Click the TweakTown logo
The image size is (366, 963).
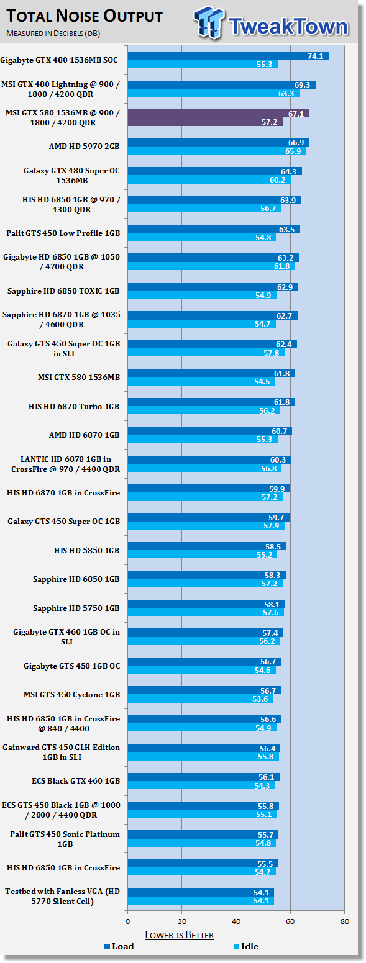270,23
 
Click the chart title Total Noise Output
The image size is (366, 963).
85,16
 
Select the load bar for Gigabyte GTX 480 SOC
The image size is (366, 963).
228,56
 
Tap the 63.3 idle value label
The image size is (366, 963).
286,93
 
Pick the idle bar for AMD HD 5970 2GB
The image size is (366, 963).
217,151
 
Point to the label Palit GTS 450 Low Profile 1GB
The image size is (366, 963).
63,233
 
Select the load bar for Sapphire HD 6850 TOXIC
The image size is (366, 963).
213,287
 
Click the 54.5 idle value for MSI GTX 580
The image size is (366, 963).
262,382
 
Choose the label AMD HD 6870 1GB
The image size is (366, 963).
84,435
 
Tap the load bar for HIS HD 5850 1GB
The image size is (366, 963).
207,546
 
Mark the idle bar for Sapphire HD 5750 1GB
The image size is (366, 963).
206,613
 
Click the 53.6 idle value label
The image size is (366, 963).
260,699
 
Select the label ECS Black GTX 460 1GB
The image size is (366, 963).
76,780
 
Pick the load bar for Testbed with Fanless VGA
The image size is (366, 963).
201,892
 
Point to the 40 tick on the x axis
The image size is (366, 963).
236,921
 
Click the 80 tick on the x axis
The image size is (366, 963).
344,921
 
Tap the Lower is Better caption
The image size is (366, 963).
179,934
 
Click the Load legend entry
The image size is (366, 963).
119,946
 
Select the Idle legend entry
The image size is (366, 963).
246,946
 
